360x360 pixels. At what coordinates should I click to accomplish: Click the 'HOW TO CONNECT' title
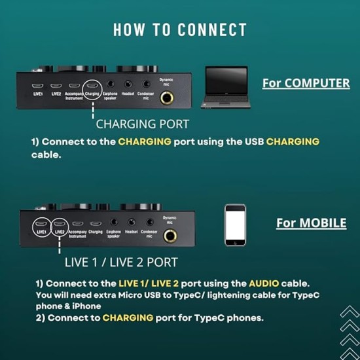tap(180, 30)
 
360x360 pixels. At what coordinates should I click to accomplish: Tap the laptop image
tap(226, 86)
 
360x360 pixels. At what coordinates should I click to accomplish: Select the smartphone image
tap(235, 225)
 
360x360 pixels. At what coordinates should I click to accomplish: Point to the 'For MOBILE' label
tap(311, 223)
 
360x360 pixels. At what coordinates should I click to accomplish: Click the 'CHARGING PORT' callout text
tap(142, 124)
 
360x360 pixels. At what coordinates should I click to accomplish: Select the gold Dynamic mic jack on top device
tap(168, 98)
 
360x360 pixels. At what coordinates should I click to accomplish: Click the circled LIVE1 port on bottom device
tap(42, 224)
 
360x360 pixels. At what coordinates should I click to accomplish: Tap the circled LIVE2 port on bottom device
tap(60, 224)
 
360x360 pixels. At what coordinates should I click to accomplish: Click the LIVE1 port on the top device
tap(37, 86)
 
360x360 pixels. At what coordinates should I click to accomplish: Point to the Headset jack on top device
tap(128, 85)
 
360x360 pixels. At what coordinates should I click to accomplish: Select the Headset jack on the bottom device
tap(132, 223)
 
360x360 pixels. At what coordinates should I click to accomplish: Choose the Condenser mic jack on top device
tap(147, 85)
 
